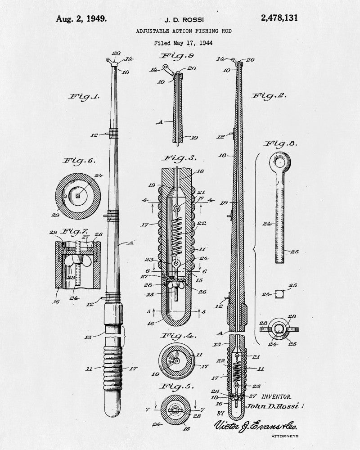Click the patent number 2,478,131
point(279,18)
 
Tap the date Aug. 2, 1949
point(81,19)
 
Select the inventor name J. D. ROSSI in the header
point(184,20)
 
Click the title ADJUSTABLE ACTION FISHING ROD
point(184,31)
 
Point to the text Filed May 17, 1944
point(184,43)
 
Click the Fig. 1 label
point(84,97)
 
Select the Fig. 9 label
point(176,56)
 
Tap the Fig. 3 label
point(180,158)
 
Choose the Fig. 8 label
point(280,144)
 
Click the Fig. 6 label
point(79,161)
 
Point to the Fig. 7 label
point(76,231)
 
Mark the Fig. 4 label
point(178,336)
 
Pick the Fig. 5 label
point(176,386)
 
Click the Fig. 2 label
point(269,96)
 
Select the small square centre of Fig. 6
point(77,196)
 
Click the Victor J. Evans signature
point(256,426)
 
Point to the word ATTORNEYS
point(285,436)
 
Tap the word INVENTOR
point(276,396)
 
